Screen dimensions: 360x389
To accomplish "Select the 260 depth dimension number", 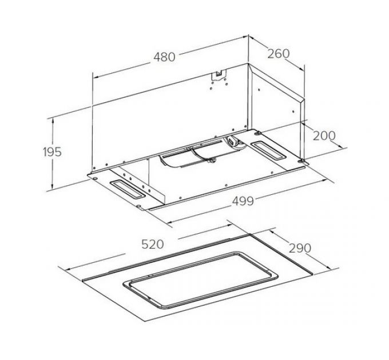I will (x=278, y=54).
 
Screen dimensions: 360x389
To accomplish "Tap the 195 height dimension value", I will (x=52, y=152).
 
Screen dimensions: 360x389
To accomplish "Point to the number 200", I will (x=324, y=135).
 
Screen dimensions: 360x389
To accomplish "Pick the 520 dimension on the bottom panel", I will (x=152, y=244).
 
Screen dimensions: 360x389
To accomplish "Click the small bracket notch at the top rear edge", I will (x=219, y=74).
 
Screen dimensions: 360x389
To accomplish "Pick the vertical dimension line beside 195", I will (x=53, y=171).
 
